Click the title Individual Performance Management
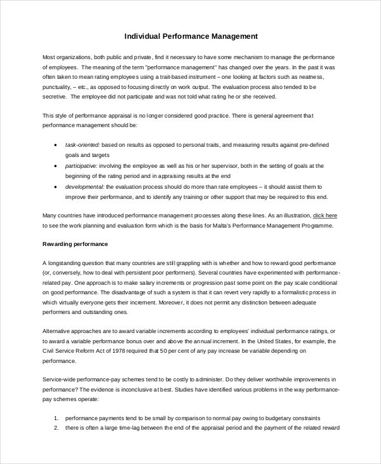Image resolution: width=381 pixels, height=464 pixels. pyautogui.click(x=190, y=37)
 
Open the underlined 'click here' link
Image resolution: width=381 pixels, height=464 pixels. pyautogui.click(x=325, y=215)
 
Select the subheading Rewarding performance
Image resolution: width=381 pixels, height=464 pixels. pyautogui.click(x=75, y=244)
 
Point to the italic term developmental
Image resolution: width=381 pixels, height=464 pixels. pyautogui.click(x=84, y=187)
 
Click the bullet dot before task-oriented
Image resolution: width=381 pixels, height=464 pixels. pyautogui.click(x=57, y=145)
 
